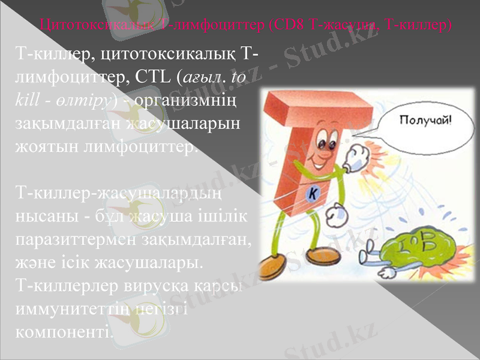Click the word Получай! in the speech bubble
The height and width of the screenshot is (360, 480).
[x=427, y=120]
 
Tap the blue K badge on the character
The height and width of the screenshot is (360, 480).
[x=314, y=193]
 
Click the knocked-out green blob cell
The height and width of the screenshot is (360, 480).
[x=415, y=244]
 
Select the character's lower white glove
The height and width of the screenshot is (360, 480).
[x=337, y=212]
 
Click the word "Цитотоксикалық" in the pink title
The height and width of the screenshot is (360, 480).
[x=99, y=25]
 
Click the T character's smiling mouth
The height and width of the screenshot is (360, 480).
[x=318, y=163]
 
